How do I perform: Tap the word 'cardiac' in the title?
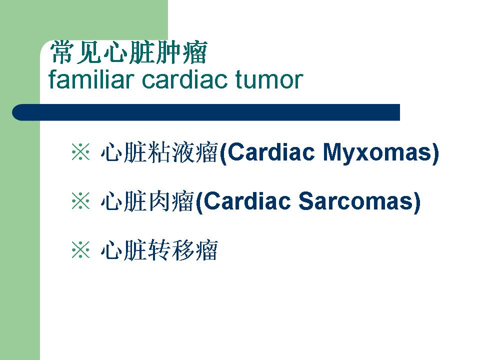tap(184, 79)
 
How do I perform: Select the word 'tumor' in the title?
tap(269, 80)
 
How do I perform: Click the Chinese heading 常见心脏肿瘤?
tap(128, 52)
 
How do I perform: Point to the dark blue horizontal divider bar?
tap(206, 112)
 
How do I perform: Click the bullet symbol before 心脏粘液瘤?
tap(81, 151)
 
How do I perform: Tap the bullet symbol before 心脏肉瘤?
tap(81, 201)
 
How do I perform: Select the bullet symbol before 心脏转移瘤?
tap(81, 250)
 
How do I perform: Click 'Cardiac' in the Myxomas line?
tap(271, 152)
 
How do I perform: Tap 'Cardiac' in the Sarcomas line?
tap(246, 201)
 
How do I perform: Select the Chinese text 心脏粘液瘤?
tap(159, 152)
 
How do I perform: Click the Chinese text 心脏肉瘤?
tap(147, 201)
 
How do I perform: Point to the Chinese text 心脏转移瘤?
tap(159, 250)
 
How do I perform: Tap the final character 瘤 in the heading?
tap(195, 52)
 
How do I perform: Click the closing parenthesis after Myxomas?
tap(435, 153)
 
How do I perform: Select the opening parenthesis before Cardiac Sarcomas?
tap(198, 202)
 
